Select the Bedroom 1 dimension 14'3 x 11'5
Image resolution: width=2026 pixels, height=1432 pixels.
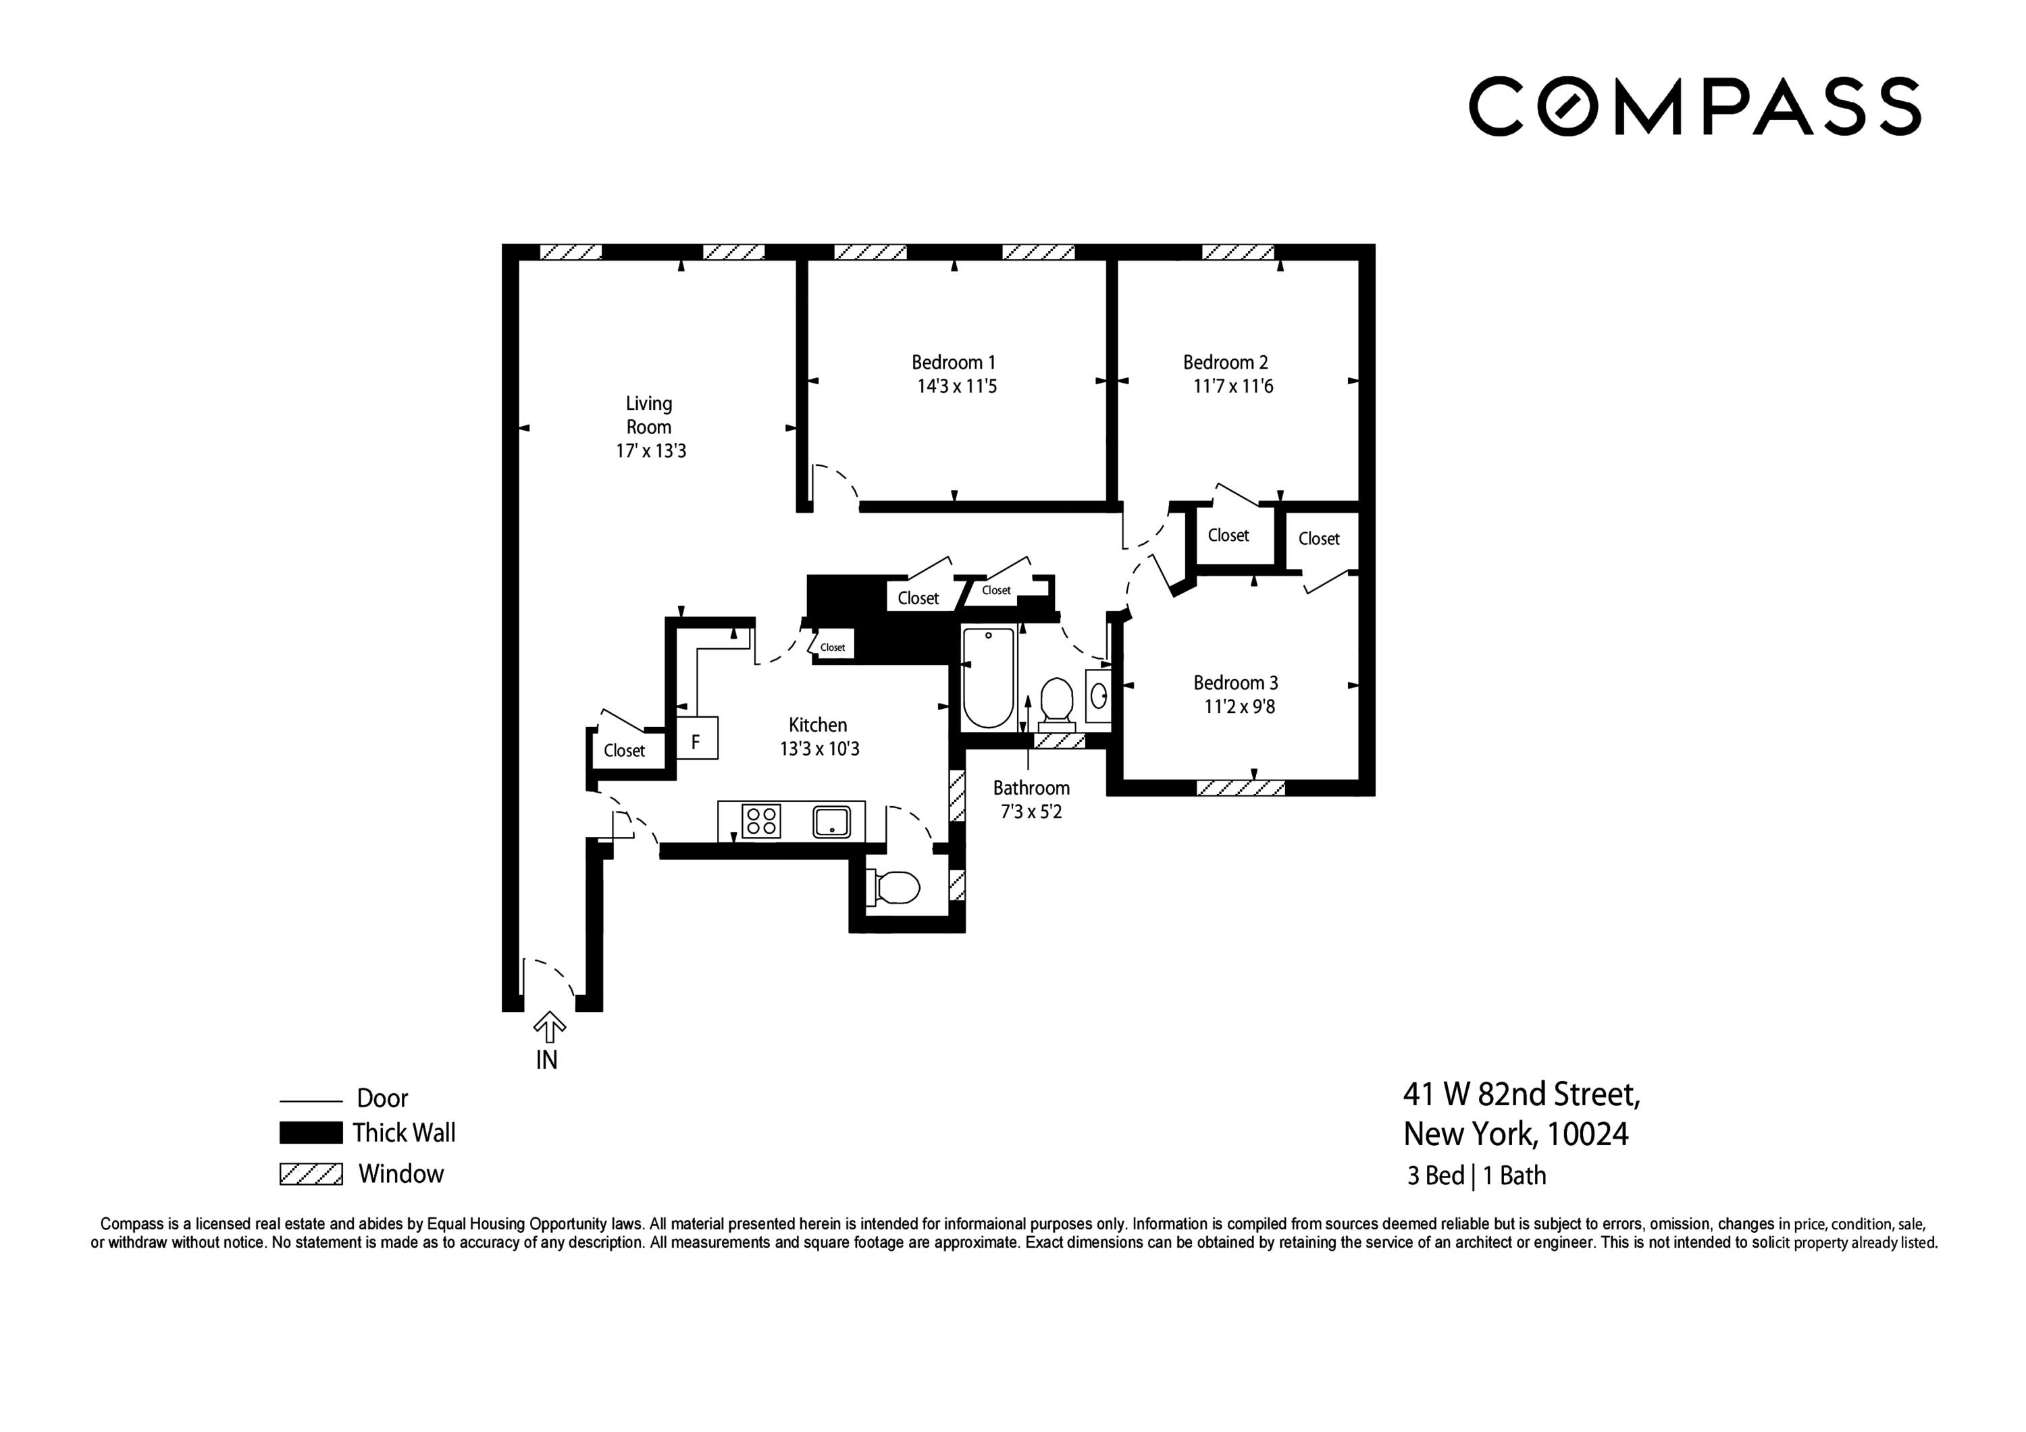click(956, 386)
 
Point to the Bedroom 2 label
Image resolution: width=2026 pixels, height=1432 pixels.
click(1225, 363)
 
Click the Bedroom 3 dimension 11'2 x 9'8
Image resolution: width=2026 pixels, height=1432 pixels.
click(1239, 707)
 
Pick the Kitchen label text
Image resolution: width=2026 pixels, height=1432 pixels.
click(817, 725)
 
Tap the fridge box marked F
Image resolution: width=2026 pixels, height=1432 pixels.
click(696, 739)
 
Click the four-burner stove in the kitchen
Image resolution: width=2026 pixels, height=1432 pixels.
click(760, 822)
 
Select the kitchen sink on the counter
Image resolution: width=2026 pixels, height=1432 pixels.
click(831, 822)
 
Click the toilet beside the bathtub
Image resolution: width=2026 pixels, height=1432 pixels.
click(1056, 699)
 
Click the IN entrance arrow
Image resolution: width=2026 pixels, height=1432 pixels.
click(549, 1028)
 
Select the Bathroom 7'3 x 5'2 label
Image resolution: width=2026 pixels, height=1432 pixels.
click(1031, 799)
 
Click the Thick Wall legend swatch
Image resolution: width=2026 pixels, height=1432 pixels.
click(311, 1132)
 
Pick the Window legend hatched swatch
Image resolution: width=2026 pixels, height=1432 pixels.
click(311, 1174)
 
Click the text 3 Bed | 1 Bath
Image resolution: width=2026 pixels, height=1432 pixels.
click(1476, 1176)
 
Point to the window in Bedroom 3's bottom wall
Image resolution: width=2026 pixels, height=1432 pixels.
click(1240, 787)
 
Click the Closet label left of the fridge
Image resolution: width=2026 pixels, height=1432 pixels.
click(624, 751)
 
